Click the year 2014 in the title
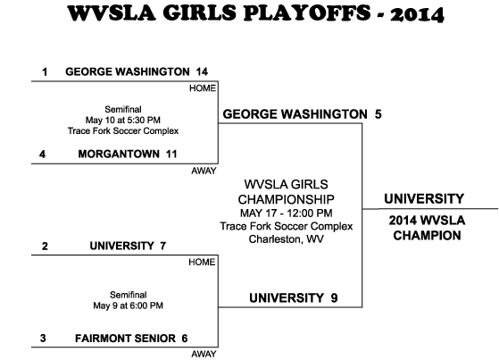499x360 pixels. pyautogui.click(x=417, y=14)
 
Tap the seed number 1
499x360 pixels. pyautogui.click(x=45, y=72)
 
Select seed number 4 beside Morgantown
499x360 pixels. pyautogui.click(x=42, y=155)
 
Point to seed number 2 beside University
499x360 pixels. pyautogui.click(x=45, y=246)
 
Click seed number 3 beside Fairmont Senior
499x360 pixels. pyautogui.click(x=43, y=338)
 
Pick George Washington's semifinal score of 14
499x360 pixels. pyautogui.click(x=202, y=71)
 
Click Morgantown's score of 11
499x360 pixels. pyautogui.click(x=171, y=155)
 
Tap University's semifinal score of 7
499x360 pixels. pyautogui.click(x=163, y=246)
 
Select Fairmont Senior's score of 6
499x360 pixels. pyautogui.click(x=185, y=338)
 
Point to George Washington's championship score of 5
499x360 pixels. pyautogui.click(x=378, y=114)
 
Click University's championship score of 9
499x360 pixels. pyautogui.click(x=334, y=297)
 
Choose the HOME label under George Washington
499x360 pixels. pyautogui.click(x=203, y=88)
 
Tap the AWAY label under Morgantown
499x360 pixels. pyautogui.click(x=204, y=172)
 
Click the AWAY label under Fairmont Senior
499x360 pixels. pyautogui.click(x=204, y=354)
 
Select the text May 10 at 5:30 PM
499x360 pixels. pyautogui.click(x=123, y=120)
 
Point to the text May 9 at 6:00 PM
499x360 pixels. pyautogui.click(x=128, y=306)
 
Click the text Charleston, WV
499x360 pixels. pyautogui.click(x=286, y=239)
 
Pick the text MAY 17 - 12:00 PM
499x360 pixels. pyautogui.click(x=286, y=213)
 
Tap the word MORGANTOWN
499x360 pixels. pyautogui.click(x=119, y=155)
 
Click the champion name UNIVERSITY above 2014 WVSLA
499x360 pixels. pyautogui.click(x=424, y=199)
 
